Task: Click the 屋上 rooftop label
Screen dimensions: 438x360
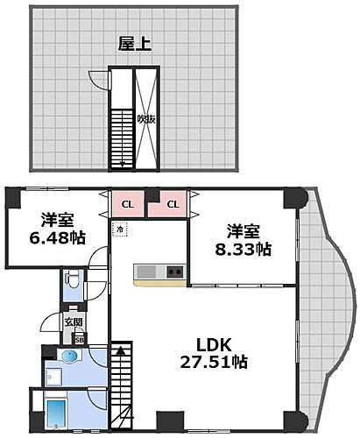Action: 135,43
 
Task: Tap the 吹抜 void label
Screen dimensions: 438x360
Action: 145,120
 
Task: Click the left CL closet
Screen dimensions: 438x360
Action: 127,205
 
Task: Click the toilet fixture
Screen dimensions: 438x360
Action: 74,281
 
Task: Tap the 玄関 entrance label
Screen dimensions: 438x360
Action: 72,323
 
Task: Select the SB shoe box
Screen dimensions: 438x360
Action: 79,340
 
